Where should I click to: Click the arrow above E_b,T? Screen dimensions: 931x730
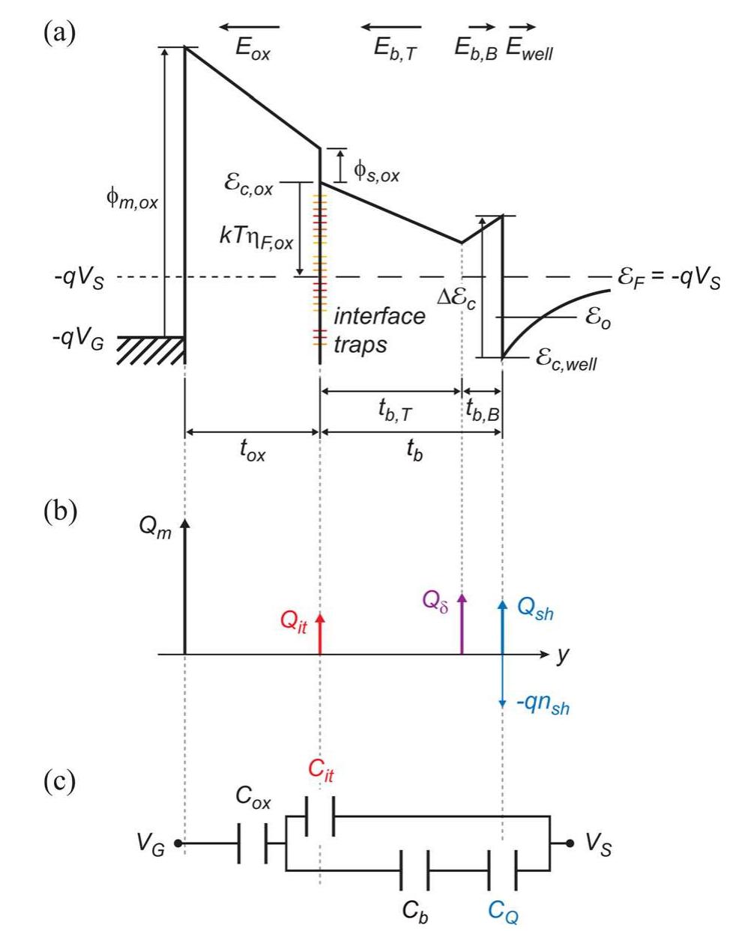pyautogui.click(x=390, y=28)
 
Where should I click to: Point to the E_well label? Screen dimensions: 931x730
pyautogui.click(x=529, y=49)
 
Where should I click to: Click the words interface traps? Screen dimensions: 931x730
pyautogui.click(x=378, y=330)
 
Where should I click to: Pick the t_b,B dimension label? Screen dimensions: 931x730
pyautogui.click(x=482, y=408)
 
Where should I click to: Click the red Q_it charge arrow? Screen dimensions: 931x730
pyautogui.click(x=321, y=634)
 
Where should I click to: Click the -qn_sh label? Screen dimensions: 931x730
pyautogui.click(x=544, y=705)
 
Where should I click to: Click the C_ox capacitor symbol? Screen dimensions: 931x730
pyautogui.click(x=253, y=843)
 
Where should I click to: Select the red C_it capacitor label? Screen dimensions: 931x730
pyautogui.click(x=321, y=771)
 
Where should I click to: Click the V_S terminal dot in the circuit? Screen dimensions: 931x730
pyautogui.click(x=570, y=843)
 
